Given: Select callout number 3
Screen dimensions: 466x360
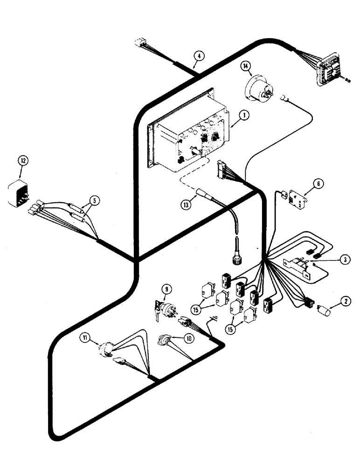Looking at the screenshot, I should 343,259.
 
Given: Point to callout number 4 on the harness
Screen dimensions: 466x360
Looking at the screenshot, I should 198,56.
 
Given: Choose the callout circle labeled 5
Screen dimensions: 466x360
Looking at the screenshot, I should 95,201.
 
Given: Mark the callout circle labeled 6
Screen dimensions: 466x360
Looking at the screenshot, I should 318,185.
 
